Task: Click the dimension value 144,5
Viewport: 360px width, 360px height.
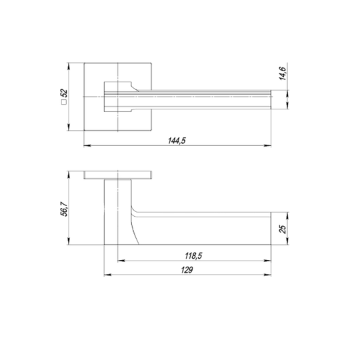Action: coord(177,141)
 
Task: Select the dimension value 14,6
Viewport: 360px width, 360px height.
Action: coord(282,73)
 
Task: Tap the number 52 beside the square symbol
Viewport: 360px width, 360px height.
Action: coord(64,93)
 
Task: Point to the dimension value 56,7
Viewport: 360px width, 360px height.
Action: coord(64,209)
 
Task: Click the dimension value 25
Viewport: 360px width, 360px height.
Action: coord(283,229)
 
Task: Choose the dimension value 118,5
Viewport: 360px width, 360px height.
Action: coord(193,255)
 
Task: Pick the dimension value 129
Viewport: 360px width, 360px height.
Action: coord(187,270)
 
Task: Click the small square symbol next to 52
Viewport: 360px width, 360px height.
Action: coord(64,102)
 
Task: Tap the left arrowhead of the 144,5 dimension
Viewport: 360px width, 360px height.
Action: coord(87,145)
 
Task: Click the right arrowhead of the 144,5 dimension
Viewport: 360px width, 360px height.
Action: coord(267,145)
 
